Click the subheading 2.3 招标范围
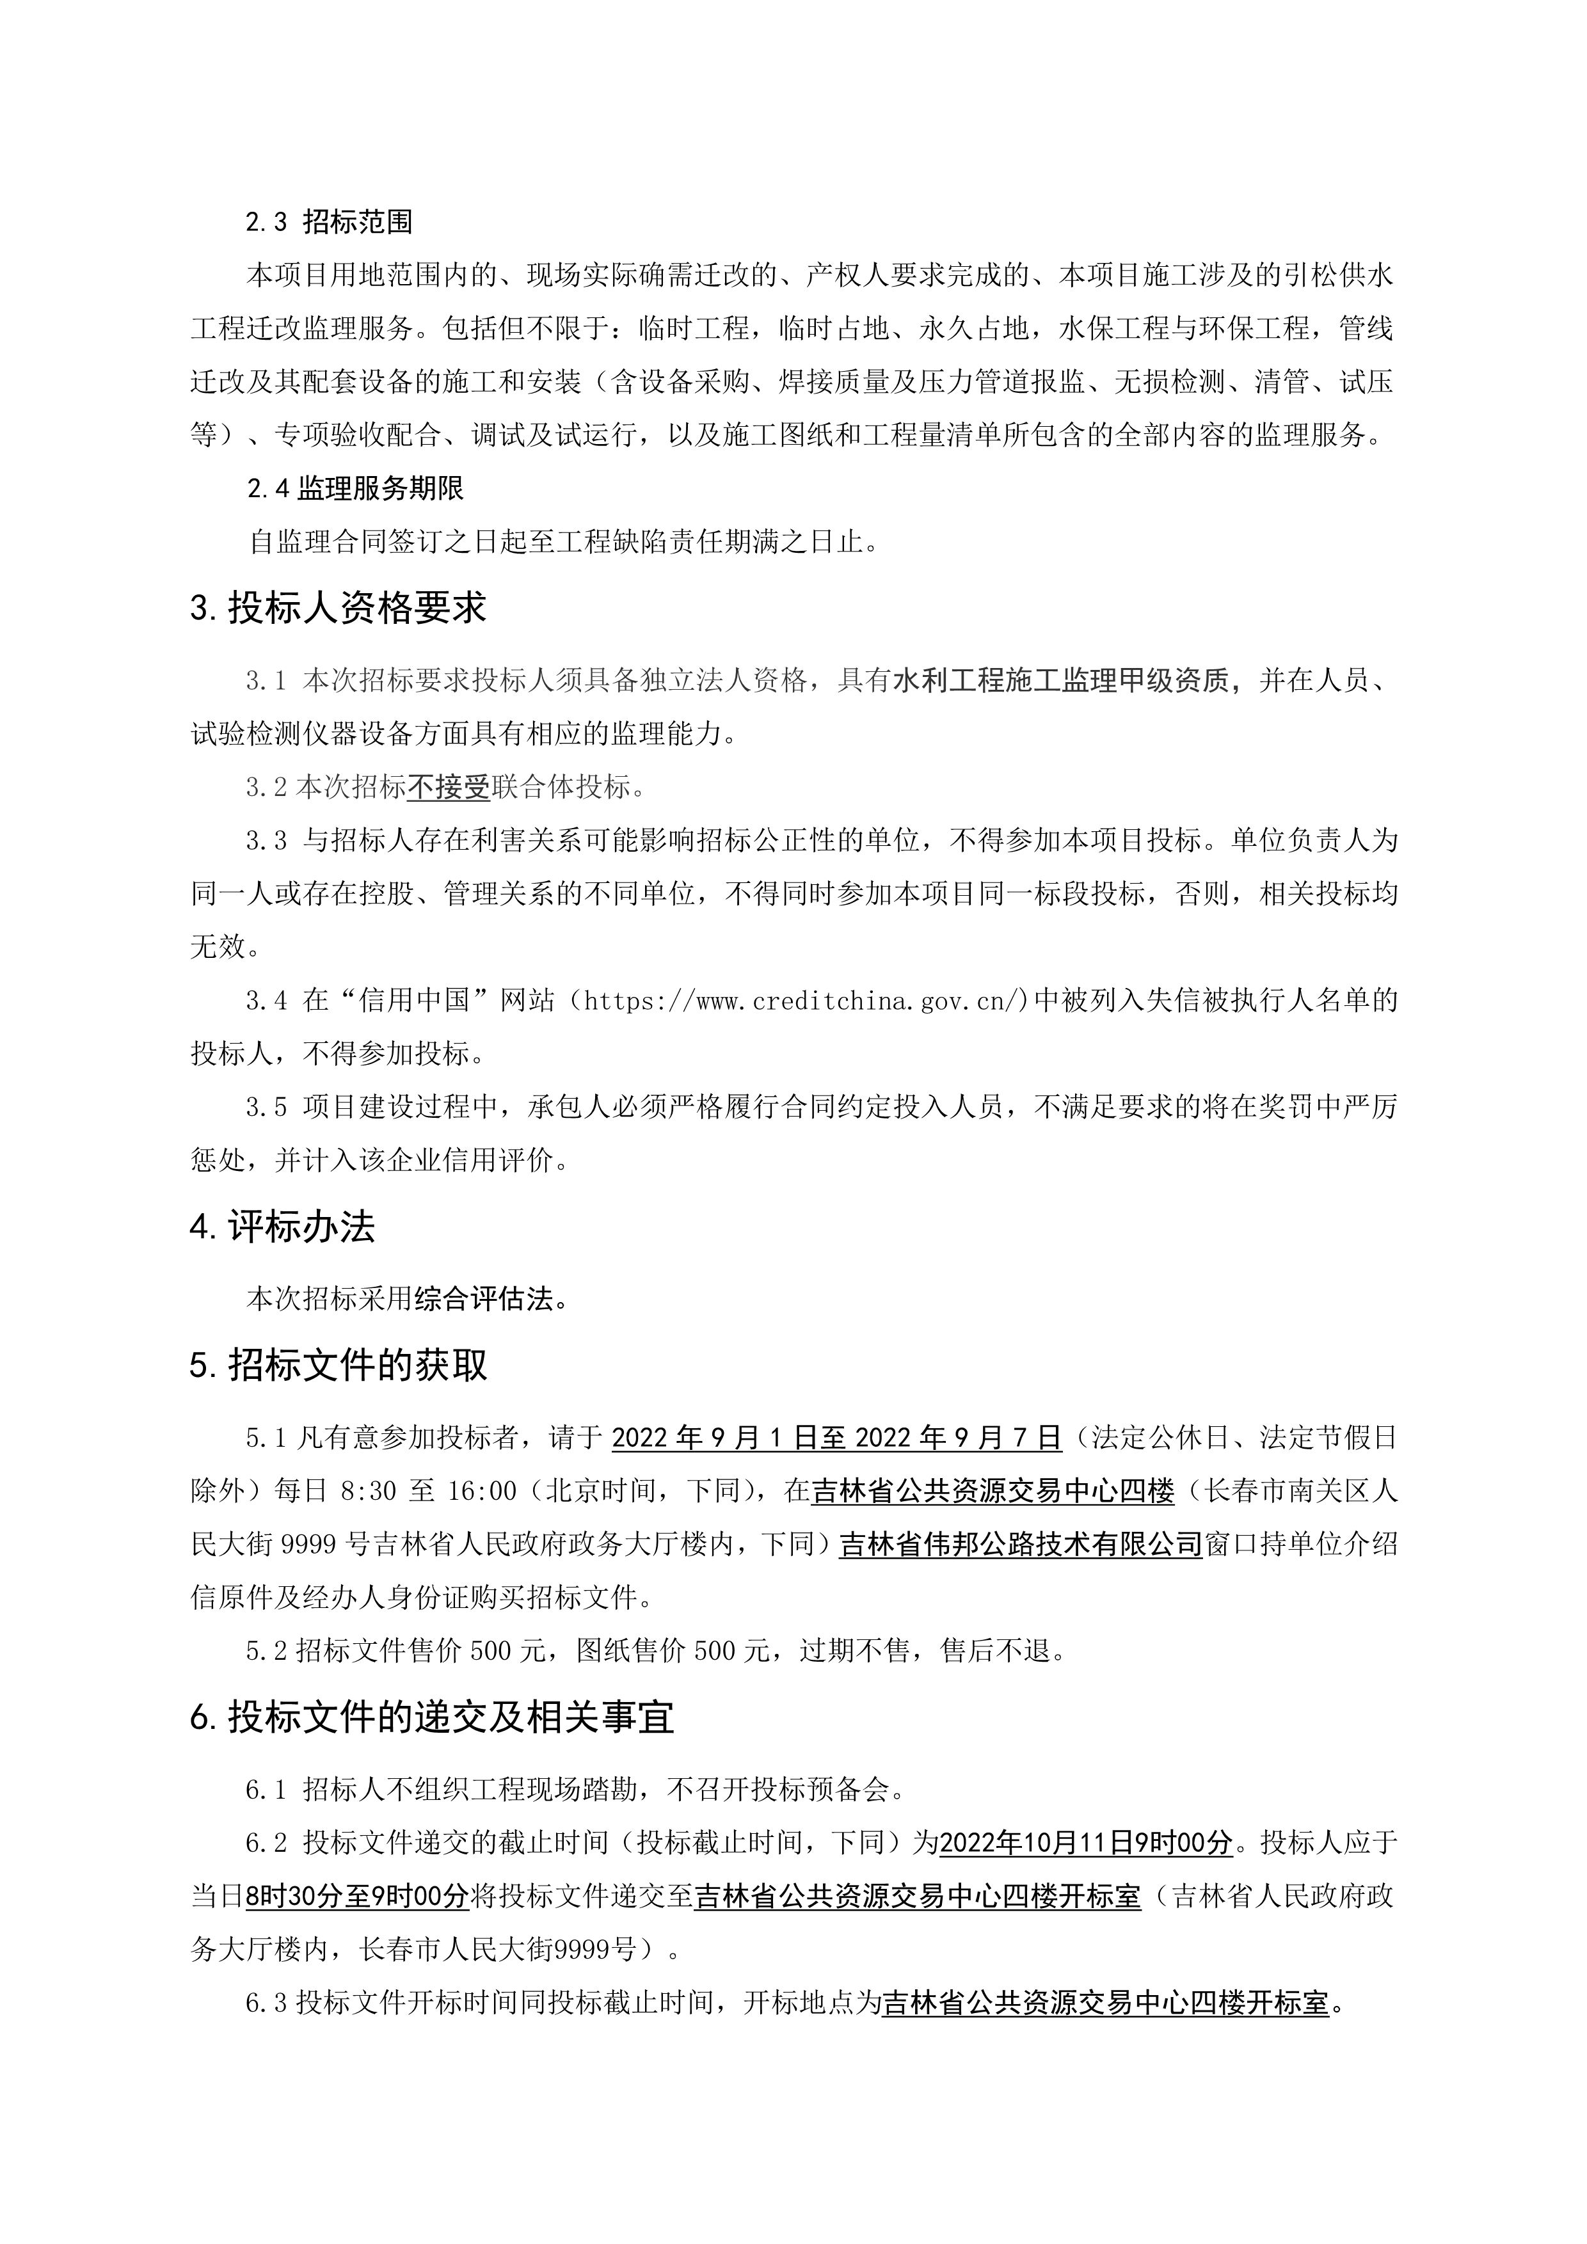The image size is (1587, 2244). [328, 222]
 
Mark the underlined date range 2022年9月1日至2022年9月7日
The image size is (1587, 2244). [836, 1438]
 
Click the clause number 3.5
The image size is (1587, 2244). [267, 1108]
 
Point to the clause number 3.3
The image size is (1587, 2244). [267, 841]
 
